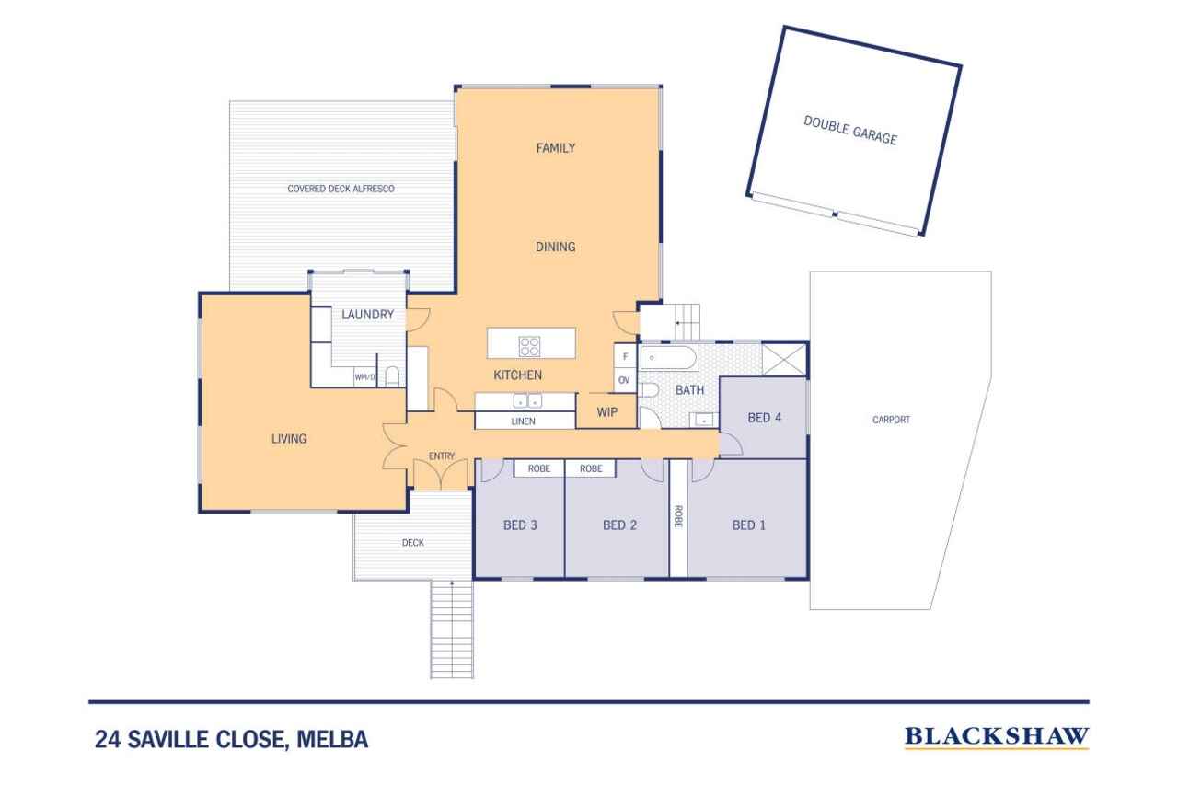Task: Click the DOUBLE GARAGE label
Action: pyautogui.click(x=850, y=131)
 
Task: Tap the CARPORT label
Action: pyautogui.click(x=891, y=420)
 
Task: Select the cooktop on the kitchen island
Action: pyautogui.click(x=529, y=346)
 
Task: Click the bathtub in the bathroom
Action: pyautogui.click(x=668, y=358)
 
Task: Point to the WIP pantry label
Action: pyautogui.click(x=606, y=412)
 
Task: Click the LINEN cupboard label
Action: pyautogui.click(x=523, y=421)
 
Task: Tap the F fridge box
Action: pyautogui.click(x=625, y=356)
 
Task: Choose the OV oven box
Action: pyautogui.click(x=625, y=380)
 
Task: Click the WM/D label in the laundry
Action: pyautogui.click(x=365, y=377)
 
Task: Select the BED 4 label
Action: pyautogui.click(x=764, y=418)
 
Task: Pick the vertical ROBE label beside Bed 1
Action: pyautogui.click(x=678, y=516)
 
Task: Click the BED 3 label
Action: pyautogui.click(x=520, y=525)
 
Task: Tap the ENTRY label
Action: pyautogui.click(x=441, y=456)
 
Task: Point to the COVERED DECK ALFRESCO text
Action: pyautogui.click(x=341, y=189)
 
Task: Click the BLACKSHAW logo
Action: pyautogui.click(x=997, y=737)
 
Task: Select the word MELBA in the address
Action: pyautogui.click(x=332, y=739)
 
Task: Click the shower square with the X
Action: pyautogui.click(x=784, y=360)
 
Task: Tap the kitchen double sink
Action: pyautogui.click(x=527, y=400)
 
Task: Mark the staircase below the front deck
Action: pyautogui.click(x=452, y=629)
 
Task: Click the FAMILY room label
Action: pyautogui.click(x=555, y=148)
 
